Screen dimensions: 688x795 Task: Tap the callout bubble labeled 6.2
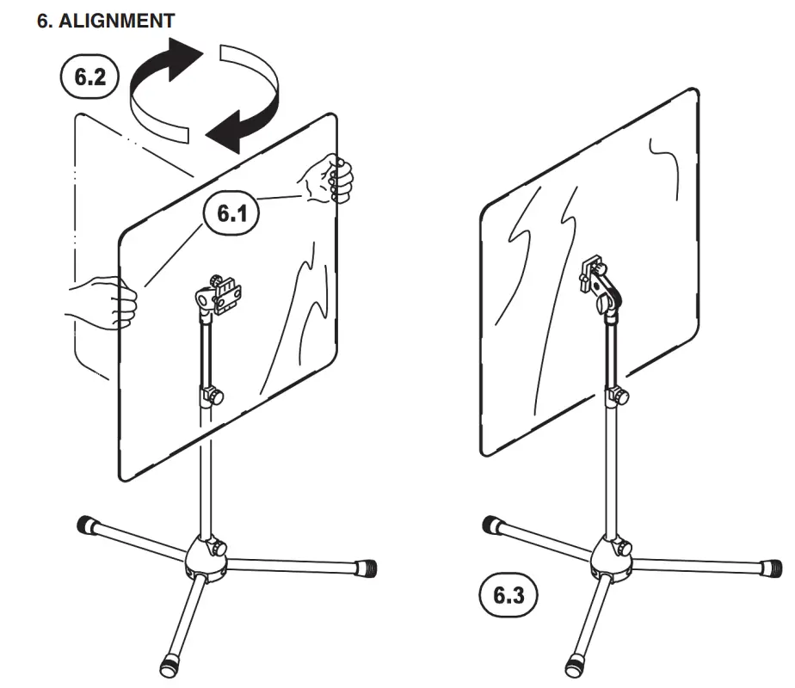pyautogui.click(x=90, y=77)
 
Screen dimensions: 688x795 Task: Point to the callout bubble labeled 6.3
pyautogui.click(x=508, y=595)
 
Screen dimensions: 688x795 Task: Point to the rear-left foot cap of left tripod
pyautogui.click(x=86, y=524)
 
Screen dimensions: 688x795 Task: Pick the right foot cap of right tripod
pyautogui.click(x=773, y=568)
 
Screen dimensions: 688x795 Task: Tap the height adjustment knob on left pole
pyautogui.click(x=211, y=396)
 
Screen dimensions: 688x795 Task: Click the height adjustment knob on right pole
pyautogui.click(x=616, y=397)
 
